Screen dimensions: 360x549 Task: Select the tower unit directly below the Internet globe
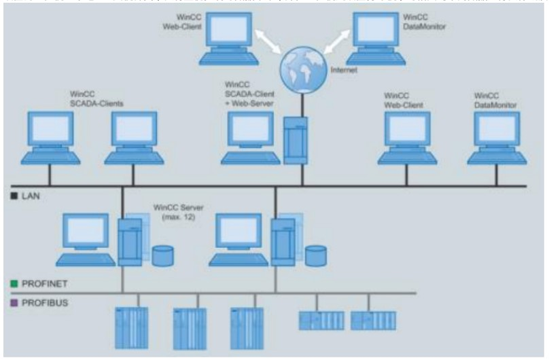click(x=295, y=139)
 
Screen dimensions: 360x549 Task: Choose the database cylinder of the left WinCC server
click(x=162, y=256)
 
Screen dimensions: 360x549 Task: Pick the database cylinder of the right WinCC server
click(x=315, y=256)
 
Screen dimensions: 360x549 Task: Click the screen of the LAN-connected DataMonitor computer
click(x=497, y=130)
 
